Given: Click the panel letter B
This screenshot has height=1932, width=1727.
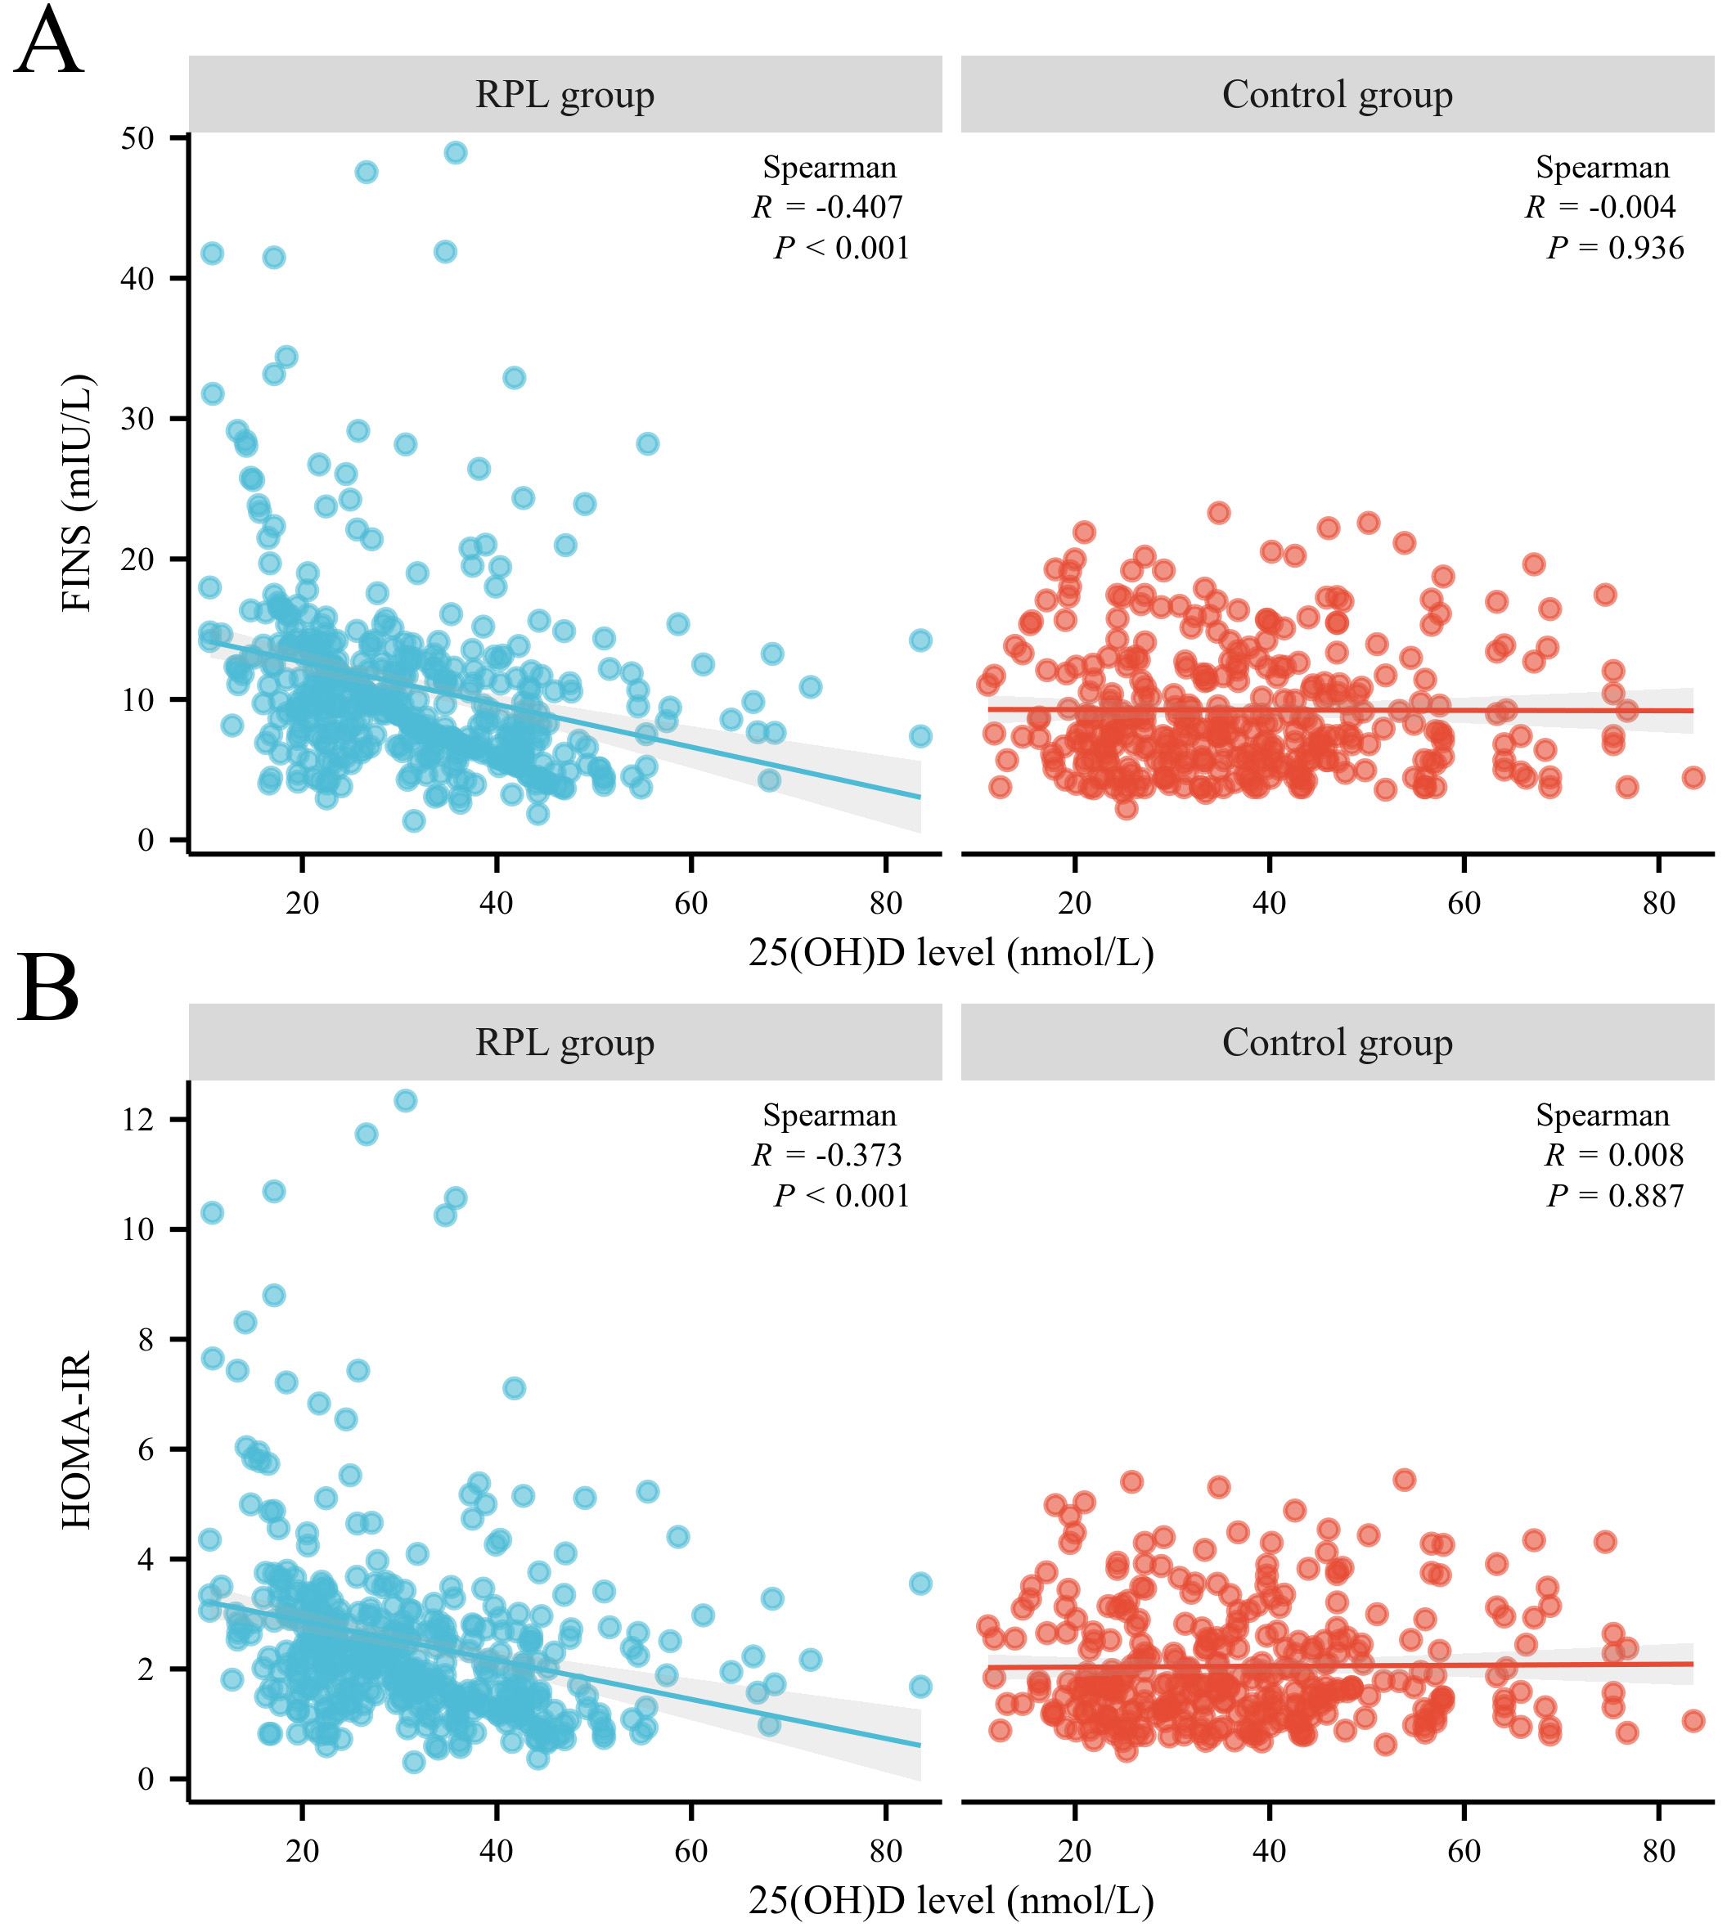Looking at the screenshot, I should (x=47, y=991).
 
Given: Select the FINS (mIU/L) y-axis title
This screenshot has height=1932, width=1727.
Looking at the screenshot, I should (x=77, y=492).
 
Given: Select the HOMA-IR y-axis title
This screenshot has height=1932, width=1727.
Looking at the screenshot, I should (x=77, y=1440).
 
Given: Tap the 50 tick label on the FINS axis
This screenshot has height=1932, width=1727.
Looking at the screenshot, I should (x=137, y=138).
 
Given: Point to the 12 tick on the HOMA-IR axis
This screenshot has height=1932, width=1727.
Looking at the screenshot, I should (x=137, y=1120).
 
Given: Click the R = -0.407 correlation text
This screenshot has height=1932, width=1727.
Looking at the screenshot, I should (x=827, y=207).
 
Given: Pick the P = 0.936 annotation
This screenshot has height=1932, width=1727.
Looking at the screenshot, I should (x=1615, y=249).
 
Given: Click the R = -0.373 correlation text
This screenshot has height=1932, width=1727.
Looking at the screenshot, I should (x=827, y=1155).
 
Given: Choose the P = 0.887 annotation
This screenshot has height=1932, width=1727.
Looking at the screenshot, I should (x=1615, y=1196).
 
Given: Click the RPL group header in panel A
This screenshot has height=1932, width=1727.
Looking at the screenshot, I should (x=564, y=95).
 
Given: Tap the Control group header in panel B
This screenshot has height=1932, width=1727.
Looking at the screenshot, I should (x=1337, y=1043).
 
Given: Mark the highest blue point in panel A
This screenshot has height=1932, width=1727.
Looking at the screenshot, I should (x=456, y=153).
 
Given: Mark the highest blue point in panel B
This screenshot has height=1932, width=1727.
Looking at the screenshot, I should (x=405, y=1101).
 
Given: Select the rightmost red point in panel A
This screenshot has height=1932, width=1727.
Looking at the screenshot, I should (x=1693, y=778).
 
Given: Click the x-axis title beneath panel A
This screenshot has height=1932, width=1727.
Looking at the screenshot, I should (x=951, y=953).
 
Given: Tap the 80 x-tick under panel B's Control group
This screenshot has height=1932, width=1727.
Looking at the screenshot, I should (x=1658, y=1850).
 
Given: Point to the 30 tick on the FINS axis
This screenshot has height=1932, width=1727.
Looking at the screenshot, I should (x=137, y=420).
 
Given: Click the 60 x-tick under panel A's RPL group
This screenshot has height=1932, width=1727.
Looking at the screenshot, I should (x=690, y=903).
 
